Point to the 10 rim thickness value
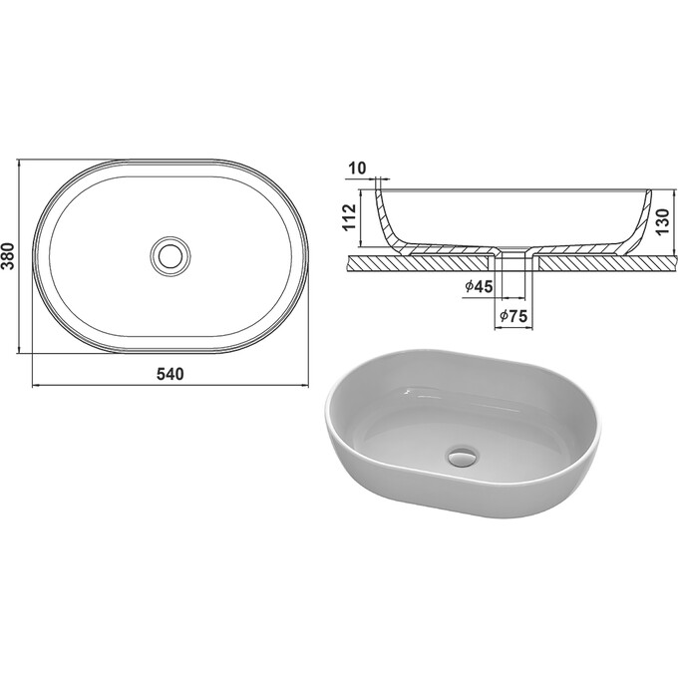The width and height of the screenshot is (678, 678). (358, 167)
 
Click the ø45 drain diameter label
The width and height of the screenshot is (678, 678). (479, 287)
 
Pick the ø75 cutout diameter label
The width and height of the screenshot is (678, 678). (511, 317)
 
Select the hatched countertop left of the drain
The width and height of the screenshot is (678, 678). (419, 261)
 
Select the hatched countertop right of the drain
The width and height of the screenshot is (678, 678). (598, 261)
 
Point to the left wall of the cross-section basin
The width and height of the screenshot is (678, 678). (383, 219)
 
